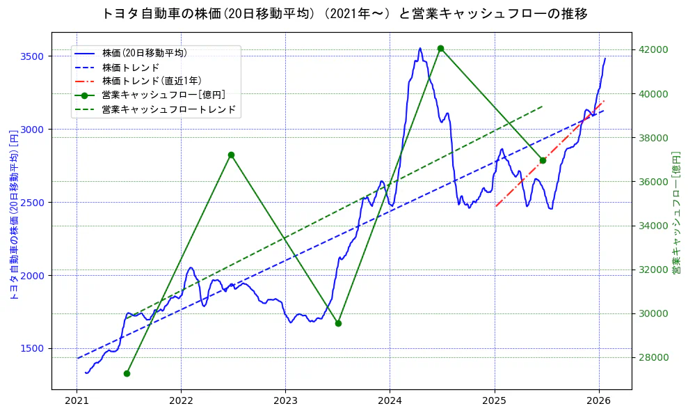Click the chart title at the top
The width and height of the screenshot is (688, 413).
(x=344, y=14)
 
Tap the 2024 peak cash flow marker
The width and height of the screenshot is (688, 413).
(x=440, y=48)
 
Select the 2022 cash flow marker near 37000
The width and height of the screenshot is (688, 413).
(x=231, y=155)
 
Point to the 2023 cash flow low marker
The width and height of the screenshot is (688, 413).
(x=338, y=323)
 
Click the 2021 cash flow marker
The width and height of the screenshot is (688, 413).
(x=127, y=373)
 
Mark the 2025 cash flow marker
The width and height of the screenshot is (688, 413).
(x=543, y=160)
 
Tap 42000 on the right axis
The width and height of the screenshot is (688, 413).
(x=653, y=49)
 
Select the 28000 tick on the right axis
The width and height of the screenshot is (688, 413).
(x=653, y=358)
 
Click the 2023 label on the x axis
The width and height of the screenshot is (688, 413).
(x=285, y=401)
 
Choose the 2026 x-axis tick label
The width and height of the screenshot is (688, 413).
(x=599, y=401)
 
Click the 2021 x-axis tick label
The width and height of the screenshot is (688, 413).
(x=77, y=401)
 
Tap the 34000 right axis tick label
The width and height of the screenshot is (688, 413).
(x=653, y=226)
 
